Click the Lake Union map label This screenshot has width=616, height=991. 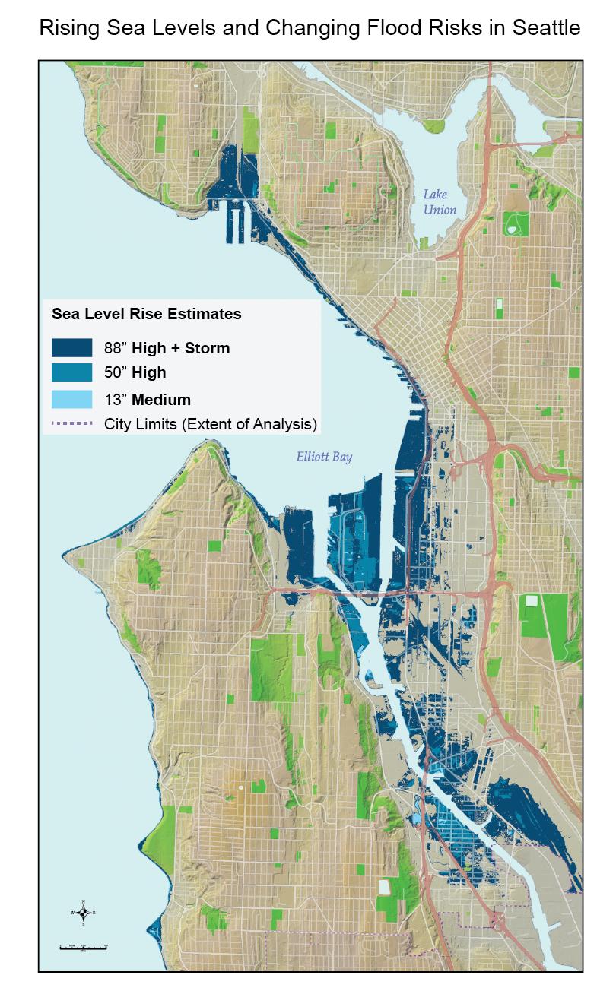(x=440, y=202)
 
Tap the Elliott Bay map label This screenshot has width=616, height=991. (x=324, y=458)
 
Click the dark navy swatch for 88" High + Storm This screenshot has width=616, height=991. (x=71, y=348)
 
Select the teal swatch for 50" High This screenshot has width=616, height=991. (x=71, y=373)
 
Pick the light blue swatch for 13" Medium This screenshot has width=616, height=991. (x=71, y=399)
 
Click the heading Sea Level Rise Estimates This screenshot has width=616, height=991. (x=146, y=313)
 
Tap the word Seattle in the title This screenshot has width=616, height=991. (x=543, y=29)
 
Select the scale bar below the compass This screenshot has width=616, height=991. (x=84, y=947)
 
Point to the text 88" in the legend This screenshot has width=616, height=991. (x=116, y=349)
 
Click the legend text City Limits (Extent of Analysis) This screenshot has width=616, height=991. (x=211, y=424)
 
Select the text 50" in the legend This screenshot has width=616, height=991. (x=116, y=374)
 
